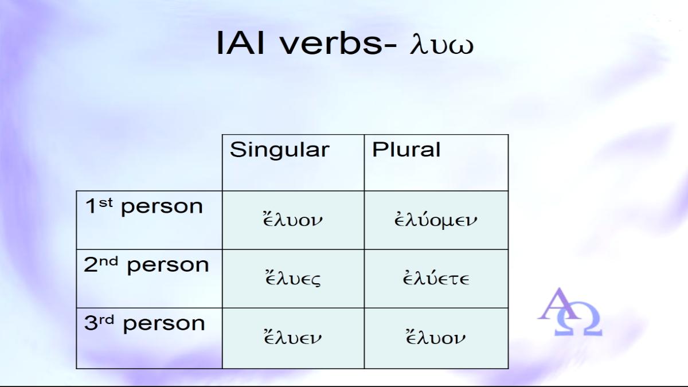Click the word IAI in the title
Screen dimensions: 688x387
coord(240,42)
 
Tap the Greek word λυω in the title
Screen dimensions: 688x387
coord(441,45)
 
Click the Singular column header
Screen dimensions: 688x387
coord(280,150)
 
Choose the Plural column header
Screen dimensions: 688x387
coord(406,149)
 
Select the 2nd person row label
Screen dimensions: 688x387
coord(146,265)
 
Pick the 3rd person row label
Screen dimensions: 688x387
coord(144,324)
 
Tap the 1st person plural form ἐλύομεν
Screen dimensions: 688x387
coord(436,220)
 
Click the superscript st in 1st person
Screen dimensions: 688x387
coord(105,203)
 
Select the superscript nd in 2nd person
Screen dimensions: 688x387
coord(109,261)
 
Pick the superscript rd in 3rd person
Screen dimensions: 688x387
coord(106,320)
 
